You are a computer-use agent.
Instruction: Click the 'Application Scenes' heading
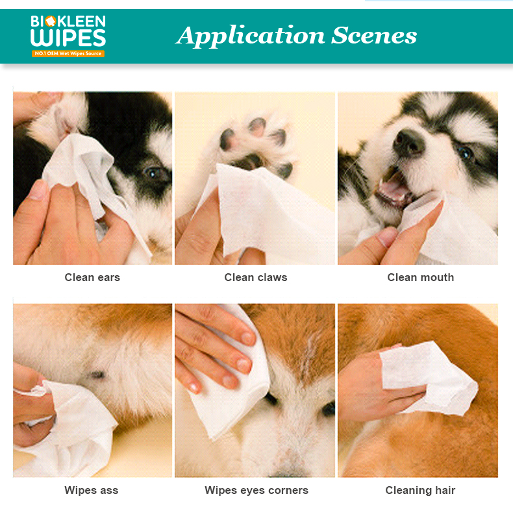296,36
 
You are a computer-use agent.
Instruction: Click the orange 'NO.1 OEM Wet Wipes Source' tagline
68,53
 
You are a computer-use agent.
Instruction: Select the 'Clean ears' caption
92,277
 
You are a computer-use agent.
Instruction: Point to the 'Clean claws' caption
255,277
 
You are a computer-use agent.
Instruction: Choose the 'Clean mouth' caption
421,277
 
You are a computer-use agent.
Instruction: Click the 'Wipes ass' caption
91,490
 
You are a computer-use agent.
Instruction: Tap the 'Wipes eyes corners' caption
256,490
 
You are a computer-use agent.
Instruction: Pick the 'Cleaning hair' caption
420,490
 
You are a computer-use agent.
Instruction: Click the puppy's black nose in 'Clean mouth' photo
408,142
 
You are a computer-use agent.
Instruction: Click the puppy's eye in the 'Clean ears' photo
153,173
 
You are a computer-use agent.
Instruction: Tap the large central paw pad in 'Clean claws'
250,162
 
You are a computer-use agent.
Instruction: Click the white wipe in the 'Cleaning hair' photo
428,378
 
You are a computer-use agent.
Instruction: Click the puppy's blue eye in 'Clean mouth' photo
465,153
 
